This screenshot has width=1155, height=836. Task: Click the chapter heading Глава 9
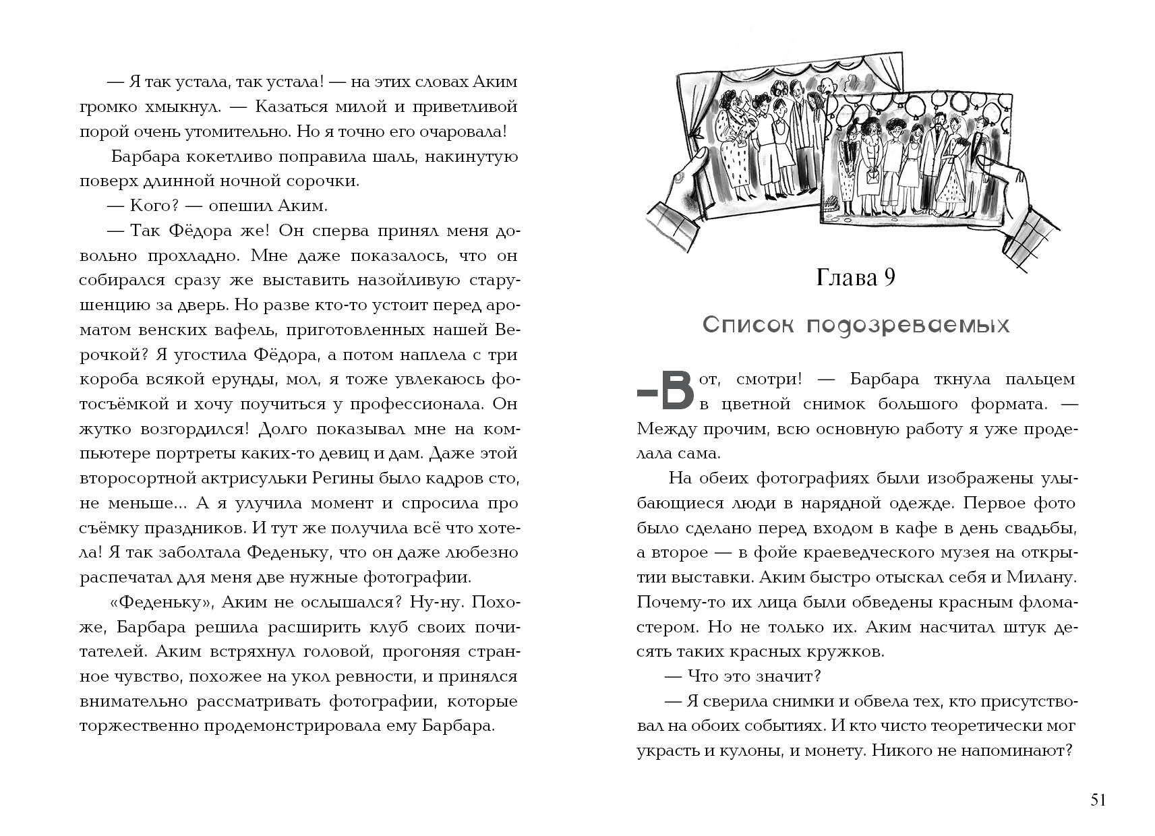[x=856, y=277]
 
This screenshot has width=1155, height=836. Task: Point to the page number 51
[x=1098, y=800]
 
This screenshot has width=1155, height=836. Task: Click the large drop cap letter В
[x=676, y=391]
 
